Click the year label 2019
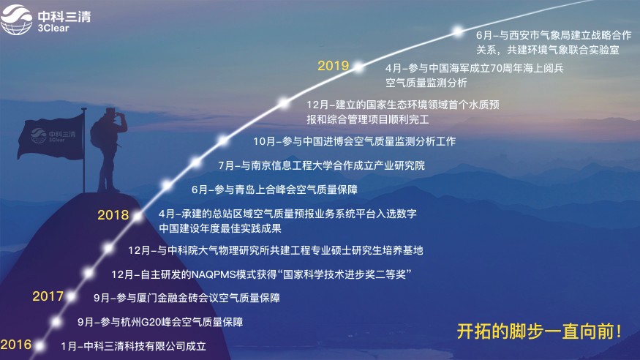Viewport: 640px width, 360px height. pos(333,66)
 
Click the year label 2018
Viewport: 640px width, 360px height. pos(113,215)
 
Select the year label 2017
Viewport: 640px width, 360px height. pos(48,296)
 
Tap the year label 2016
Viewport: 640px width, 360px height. pos(15,345)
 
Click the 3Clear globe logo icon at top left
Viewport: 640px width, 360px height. pos(16,20)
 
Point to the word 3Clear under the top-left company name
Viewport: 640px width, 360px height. pos(53,29)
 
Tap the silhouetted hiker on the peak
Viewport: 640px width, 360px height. pos(108,150)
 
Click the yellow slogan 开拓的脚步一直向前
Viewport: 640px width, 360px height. pos(539,331)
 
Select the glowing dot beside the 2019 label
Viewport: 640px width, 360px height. pos(358,67)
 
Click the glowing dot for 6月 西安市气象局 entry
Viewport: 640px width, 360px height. pos(458,31)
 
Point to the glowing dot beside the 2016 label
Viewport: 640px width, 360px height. pos(39,346)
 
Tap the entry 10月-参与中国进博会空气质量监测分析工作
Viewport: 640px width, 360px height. pos(354,141)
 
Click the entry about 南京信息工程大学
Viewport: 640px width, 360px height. pos(321,165)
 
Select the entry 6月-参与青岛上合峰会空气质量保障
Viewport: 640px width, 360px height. pos(274,190)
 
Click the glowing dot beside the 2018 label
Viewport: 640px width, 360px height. pos(138,217)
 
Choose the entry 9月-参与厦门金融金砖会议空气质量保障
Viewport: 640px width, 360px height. pos(187,298)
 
